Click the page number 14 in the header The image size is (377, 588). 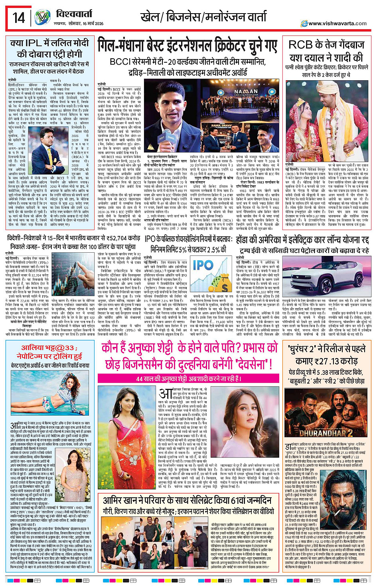click(18, 18)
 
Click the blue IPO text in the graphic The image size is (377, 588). click(203, 265)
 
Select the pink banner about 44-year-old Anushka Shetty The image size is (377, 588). click(189, 378)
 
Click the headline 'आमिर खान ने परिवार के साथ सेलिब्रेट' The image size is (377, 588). click(188, 501)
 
